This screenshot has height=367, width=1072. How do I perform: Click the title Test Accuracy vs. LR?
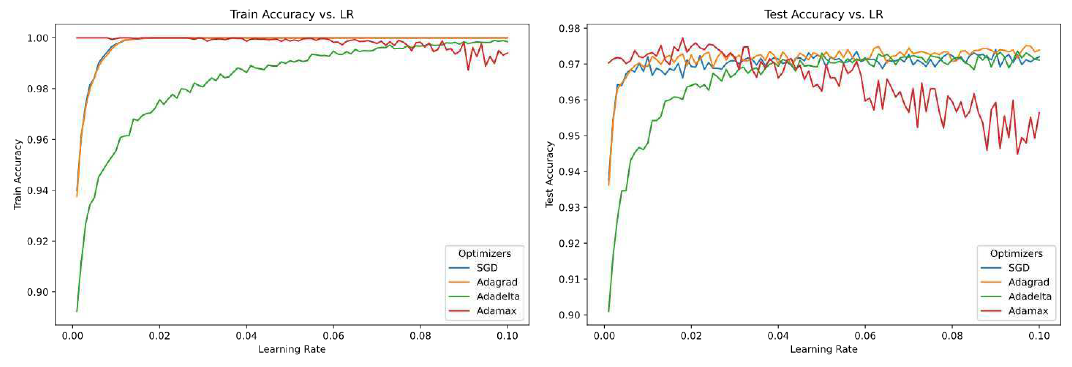coord(823,15)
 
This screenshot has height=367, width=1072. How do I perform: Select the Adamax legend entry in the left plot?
coord(496,311)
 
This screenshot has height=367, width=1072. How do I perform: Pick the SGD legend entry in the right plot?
coord(1018,268)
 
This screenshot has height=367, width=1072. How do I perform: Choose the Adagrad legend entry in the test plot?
coord(1028,282)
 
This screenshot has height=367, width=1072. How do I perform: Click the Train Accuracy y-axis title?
coord(18,174)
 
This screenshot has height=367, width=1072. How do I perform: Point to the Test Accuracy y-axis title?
coord(549,174)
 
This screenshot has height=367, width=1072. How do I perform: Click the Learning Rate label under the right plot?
coord(824,349)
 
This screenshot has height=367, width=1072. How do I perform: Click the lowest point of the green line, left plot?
coord(77,311)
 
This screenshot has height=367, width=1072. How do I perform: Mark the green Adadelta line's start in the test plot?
coord(609,311)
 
